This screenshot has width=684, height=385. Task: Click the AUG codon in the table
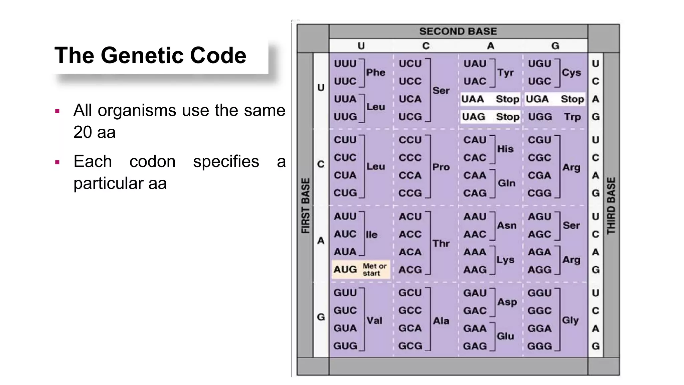point(345,269)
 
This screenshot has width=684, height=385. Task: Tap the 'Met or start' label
point(374,270)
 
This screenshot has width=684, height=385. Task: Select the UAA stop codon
point(473,99)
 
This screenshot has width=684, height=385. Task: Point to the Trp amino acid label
point(572,117)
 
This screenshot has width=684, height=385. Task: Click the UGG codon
point(540,117)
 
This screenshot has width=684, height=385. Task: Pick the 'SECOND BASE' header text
point(458,31)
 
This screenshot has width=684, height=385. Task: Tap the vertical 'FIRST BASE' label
point(306,206)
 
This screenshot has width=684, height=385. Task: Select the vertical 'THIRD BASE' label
point(611,206)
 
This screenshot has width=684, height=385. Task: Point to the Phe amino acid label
point(376,73)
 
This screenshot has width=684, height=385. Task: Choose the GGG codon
point(539,346)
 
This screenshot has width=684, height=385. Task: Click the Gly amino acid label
point(570,320)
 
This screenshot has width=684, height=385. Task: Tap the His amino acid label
point(505,149)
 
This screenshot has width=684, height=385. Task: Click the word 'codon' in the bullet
point(152,162)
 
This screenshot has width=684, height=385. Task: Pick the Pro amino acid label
point(441,167)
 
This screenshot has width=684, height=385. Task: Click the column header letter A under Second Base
point(490,46)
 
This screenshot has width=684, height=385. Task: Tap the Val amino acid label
point(374,321)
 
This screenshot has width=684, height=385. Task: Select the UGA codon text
point(537,99)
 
